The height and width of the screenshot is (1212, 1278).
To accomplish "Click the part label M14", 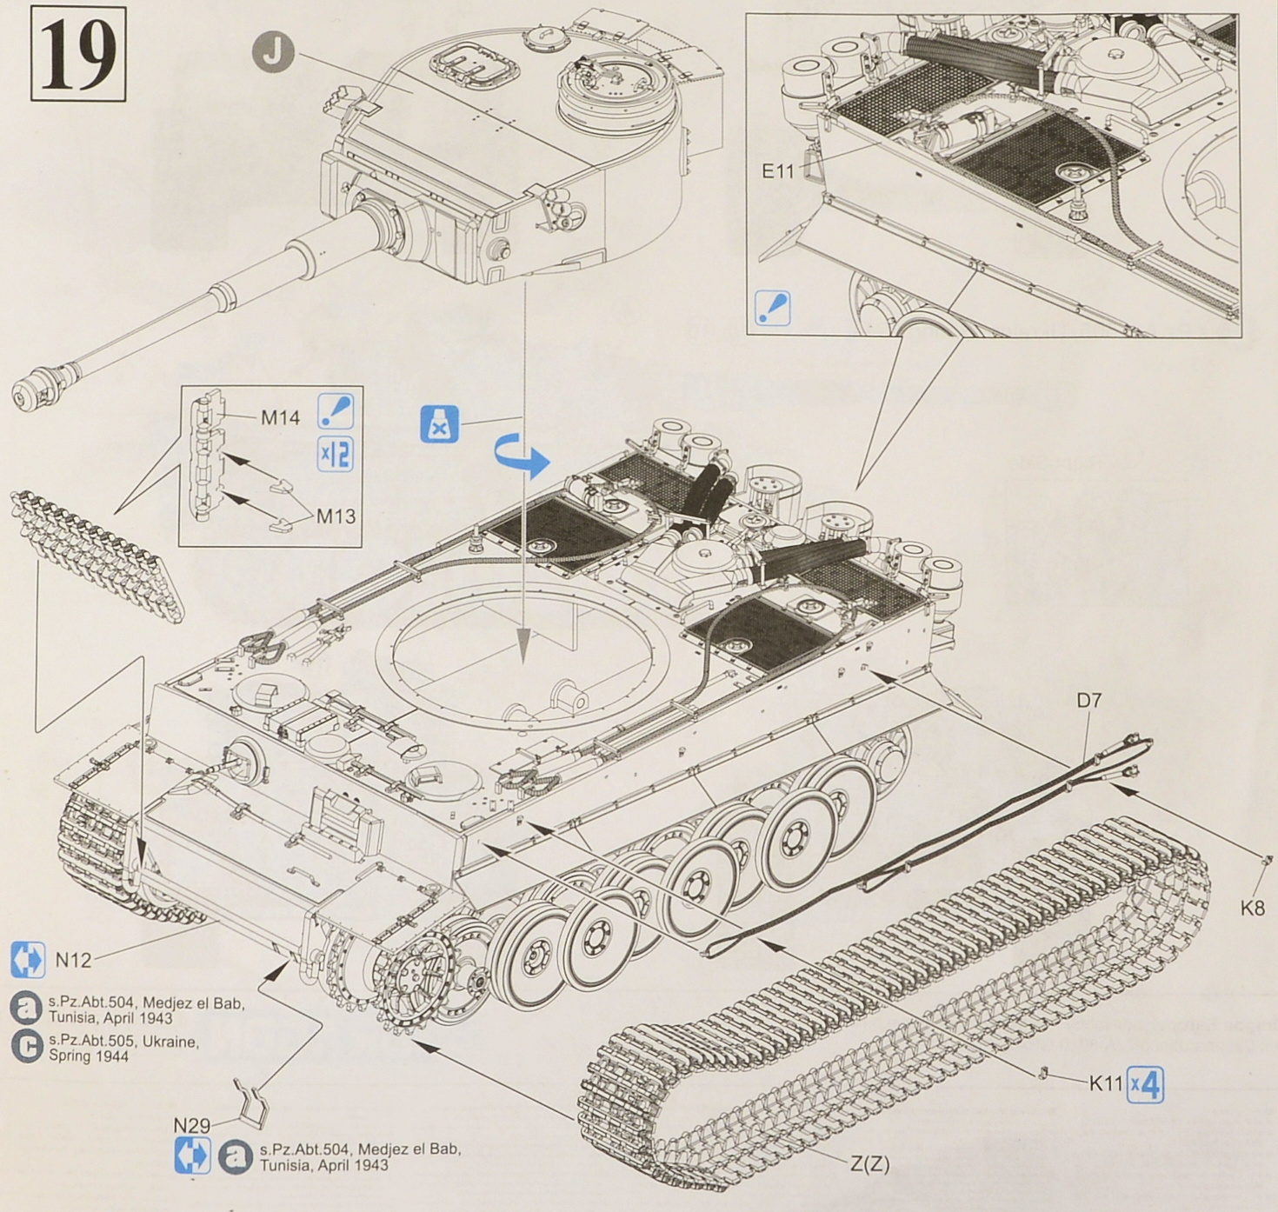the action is (280, 419).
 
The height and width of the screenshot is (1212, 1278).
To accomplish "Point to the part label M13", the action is (336, 516).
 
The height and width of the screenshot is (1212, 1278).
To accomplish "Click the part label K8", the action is (1252, 909).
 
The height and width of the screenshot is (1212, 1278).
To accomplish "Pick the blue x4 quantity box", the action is (1145, 1085).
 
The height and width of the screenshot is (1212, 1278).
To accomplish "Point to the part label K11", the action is (1107, 1083).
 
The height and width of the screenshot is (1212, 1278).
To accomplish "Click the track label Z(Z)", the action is (869, 1162).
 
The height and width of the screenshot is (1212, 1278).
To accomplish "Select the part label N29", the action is (192, 1125).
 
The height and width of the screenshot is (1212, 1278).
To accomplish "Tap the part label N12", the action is (73, 961).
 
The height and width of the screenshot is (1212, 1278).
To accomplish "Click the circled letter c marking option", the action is (28, 1046).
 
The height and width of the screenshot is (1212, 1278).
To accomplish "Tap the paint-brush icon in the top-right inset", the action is (773, 308).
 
